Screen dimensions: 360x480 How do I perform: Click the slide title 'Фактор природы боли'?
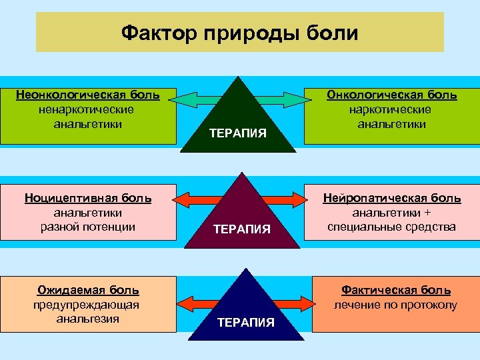pos(239,33)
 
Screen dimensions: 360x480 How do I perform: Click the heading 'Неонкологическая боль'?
pos(87,95)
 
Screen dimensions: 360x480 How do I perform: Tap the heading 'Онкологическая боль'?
pos(391,95)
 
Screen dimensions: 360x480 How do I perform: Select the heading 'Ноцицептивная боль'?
pos(88,198)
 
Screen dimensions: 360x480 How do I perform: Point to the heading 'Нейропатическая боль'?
pos(392,198)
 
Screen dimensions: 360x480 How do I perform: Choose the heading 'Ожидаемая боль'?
pos(88,290)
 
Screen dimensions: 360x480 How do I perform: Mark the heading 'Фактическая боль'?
pos(396,290)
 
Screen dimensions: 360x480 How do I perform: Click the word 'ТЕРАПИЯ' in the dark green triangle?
pos(237,133)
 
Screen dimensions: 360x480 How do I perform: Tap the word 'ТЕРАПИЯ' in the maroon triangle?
pos(241,229)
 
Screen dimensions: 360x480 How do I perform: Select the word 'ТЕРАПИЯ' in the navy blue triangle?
pos(245,323)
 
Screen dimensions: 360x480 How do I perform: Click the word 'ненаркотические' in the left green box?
pos(87,109)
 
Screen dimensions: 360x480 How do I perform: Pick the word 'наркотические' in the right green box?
pos(391,109)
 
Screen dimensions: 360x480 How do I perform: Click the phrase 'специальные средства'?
pos(392,227)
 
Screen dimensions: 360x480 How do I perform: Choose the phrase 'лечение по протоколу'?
pos(396,305)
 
